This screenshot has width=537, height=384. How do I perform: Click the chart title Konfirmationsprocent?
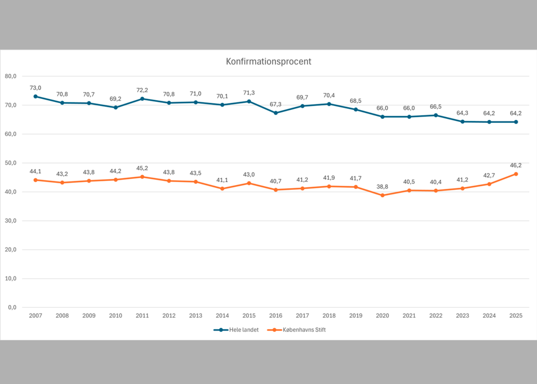click(x=268, y=62)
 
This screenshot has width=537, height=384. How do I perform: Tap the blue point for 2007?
click(x=35, y=97)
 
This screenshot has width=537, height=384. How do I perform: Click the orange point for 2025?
click(x=515, y=174)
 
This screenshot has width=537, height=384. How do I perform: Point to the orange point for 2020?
click(x=382, y=195)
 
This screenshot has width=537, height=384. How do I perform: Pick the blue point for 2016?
click(x=275, y=113)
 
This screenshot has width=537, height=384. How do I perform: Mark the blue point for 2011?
click(x=142, y=99)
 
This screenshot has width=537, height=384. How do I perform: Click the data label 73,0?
click(x=35, y=88)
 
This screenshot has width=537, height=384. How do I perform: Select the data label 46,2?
click(x=515, y=165)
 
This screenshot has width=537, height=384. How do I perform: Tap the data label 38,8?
click(x=382, y=187)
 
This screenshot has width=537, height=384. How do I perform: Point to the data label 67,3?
click(x=275, y=104)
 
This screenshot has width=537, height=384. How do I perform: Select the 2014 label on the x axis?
click(x=222, y=315)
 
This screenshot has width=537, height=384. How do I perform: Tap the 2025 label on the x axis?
click(x=515, y=315)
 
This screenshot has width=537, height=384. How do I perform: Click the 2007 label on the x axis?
click(x=35, y=315)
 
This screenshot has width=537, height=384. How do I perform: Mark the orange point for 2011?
click(x=142, y=177)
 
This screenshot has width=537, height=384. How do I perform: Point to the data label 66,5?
click(x=436, y=107)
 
